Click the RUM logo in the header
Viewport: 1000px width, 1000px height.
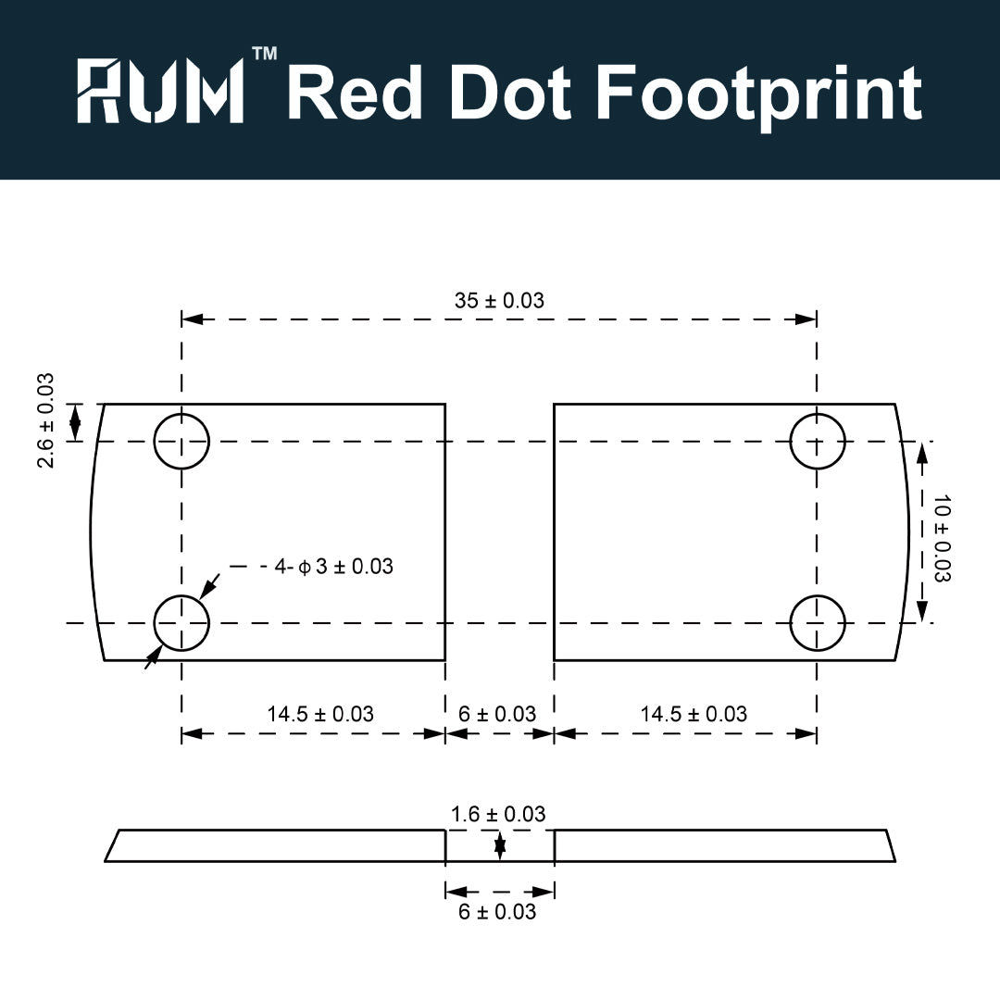tap(161, 90)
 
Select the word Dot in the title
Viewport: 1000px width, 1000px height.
tap(510, 93)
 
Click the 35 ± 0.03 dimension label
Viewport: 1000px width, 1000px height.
tap(499, 300)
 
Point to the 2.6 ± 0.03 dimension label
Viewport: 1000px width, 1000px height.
tap(46, 421)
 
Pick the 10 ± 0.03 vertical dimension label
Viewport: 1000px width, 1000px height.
tap(942, 538)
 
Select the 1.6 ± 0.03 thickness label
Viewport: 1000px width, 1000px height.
tap(498, 815)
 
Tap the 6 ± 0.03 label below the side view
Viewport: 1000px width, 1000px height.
tap(497, 912)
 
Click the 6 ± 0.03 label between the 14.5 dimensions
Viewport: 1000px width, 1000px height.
tap(497, 714)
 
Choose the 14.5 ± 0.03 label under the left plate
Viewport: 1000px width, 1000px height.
tap(320, 714)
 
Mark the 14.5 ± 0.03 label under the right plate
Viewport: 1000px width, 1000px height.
tap(694, 714)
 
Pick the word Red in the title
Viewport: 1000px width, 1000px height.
tap(355, 93)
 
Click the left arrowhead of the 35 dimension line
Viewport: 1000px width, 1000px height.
tap(192, 319)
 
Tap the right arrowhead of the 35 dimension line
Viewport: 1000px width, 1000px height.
tap(806, 319)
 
